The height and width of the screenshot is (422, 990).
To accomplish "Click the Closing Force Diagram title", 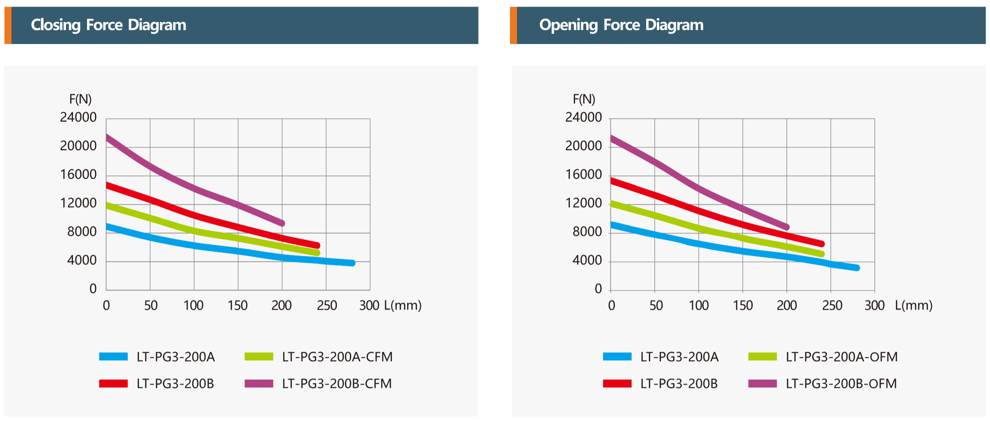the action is click(109, 25).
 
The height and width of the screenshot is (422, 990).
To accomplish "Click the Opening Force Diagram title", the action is click(621, 25).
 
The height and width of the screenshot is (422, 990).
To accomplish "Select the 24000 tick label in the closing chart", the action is click(78, 117).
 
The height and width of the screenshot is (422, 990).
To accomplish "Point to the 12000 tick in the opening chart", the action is click(583, 203).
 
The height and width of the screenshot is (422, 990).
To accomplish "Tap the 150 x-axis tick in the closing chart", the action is click(238, 306).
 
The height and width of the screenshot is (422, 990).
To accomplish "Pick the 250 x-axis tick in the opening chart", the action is click(832, 306).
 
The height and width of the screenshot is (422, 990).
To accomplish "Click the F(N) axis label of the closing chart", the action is click(80, 99).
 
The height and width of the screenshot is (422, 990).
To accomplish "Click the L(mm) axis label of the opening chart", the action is click(914, 306).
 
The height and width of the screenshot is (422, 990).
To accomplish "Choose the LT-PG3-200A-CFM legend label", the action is click(337, 357).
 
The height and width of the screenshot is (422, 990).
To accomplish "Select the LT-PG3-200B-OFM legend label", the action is click(841, 384).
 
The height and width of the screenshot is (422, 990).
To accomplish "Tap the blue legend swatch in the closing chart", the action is click(113, 357).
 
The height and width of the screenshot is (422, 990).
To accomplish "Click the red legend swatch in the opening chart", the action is click(617, 384).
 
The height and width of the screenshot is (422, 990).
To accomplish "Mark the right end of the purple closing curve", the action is click(282, 224).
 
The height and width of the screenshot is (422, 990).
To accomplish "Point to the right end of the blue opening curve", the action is click(857, 268).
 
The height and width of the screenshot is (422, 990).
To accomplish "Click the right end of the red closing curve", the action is click(317, 246).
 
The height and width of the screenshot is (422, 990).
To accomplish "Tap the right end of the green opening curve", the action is click(822, 254).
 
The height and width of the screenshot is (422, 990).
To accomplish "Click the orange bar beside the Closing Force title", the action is click(8, 25).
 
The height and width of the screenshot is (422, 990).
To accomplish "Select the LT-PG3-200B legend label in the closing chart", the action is click(175, 384).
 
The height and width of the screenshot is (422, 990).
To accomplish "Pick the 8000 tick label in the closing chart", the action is click(82, 232).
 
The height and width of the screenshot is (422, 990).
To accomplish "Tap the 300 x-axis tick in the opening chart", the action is click(874, 306).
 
